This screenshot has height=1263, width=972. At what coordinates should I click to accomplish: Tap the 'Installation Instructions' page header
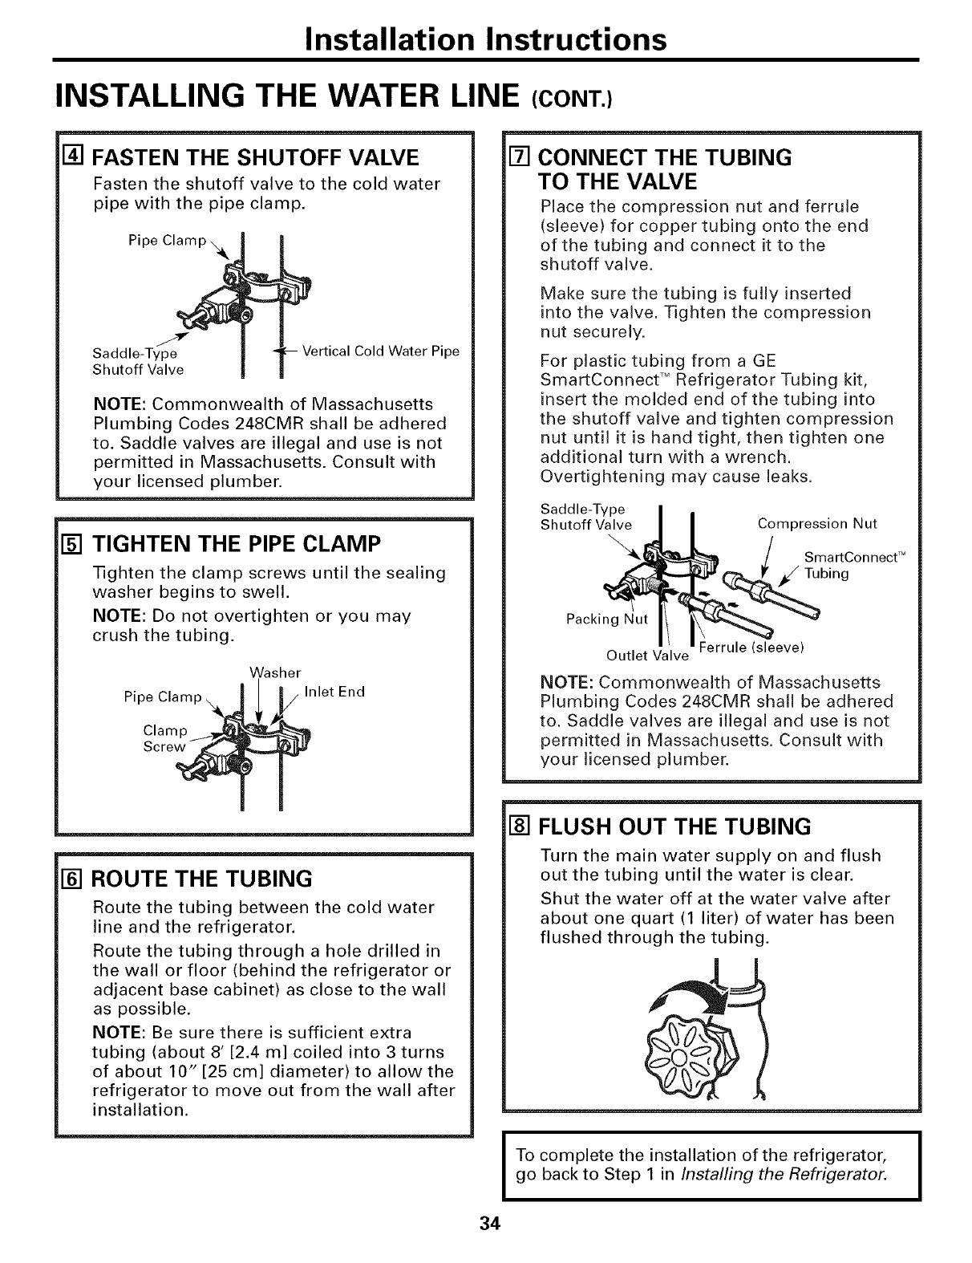(x=486, y=39)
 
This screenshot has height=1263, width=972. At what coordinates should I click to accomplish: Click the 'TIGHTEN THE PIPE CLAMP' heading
(x=234, y=545)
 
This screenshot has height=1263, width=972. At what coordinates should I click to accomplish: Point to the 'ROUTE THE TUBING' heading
(x=202, y=879)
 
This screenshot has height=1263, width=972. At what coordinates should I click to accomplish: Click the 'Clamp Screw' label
(x=164, y=738)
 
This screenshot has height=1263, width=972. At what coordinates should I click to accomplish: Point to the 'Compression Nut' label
(x=817, y=524)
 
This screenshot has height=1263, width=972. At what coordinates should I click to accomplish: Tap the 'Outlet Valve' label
(x=647, y=656)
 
